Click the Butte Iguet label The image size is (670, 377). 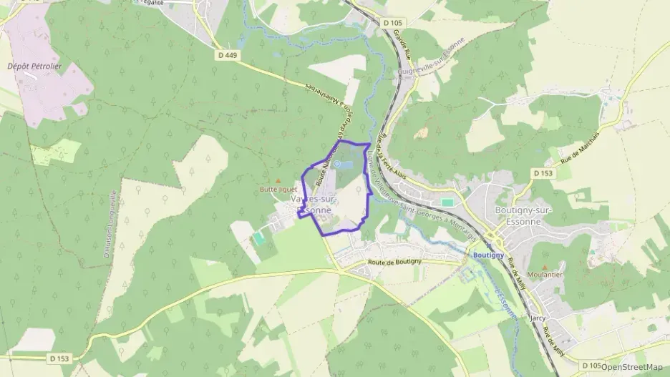point(278,190)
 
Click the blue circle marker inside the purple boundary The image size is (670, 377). point(336,164)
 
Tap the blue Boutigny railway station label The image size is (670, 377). point(489,254)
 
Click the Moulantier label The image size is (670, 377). point(544,274)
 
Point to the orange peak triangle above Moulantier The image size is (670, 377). point(544,266)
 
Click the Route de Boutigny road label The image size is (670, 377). point(394,263)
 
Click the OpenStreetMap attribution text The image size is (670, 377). point(631,367)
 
